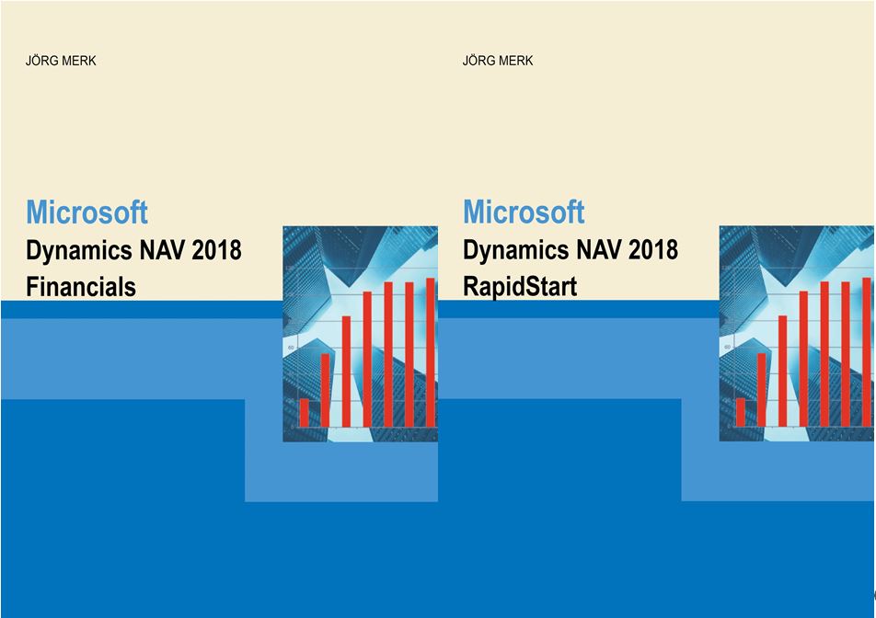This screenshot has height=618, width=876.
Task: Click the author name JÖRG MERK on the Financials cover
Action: click(x=61, y=61)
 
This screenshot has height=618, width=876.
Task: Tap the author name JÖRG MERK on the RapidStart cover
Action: click(x=497, y=61)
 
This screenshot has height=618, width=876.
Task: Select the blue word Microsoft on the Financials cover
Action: click(x=86, y=212)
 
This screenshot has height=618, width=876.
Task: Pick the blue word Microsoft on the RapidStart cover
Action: click(x=524, y=212)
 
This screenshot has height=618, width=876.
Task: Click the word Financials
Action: click(x=81, y=287)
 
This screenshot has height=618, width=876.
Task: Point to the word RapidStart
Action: click(x=520, y=287)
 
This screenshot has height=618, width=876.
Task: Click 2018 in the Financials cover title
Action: click(x=217, y=249)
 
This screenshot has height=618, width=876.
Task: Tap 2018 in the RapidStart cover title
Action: click(x=653, y=249)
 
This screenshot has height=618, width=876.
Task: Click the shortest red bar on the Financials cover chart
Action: click(x=304, y=413)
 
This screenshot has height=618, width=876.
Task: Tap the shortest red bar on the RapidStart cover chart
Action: click(x=740, y=413)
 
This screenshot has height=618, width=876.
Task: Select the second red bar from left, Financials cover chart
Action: click(x=325, y=390)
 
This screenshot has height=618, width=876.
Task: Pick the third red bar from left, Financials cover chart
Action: click(x=346, y=372)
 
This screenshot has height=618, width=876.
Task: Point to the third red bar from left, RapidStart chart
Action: click(x=782, y=372)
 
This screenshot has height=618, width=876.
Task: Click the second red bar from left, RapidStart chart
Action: click(x=762, y=390)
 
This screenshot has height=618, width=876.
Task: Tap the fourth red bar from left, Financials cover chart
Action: click(x=367, y=359)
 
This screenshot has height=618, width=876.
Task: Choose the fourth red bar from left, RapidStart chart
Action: click(x=803, y=359)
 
